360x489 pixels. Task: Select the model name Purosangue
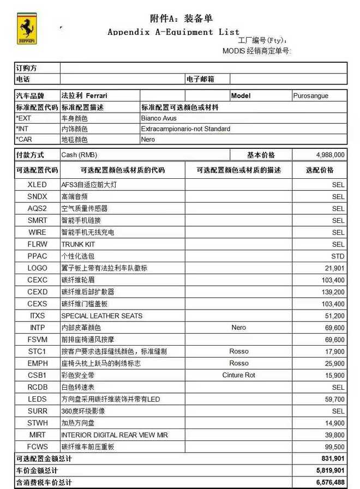[x=311, y=96]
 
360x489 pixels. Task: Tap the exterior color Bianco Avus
[x=159, y=118]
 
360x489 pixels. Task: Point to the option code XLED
[x=37, y=185]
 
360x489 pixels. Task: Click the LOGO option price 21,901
[x=334, y=268]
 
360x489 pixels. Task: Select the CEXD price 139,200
[x=332, y=292]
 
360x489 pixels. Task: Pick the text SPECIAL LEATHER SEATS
[x=101, y=316]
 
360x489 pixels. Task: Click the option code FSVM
[x=37, y=340]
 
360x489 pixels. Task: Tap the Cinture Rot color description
[x=238, y=375]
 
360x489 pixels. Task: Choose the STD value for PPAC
[x=338, y=256]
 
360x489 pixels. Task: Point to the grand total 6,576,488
[x=330, y=482]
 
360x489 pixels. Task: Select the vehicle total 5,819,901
[x=330, y=470]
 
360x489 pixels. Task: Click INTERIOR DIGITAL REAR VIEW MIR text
[x=115, y=435]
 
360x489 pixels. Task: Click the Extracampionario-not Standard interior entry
[x=185, y=129]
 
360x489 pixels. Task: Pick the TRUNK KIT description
[x=78, y=244]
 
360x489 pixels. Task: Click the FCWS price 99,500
[x=334, y=447]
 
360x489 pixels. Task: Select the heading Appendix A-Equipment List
[x=173, y=32]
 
